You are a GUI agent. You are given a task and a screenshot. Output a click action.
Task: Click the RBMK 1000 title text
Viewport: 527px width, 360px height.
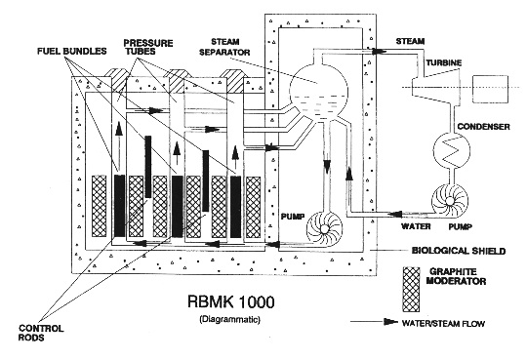tap(230, 301)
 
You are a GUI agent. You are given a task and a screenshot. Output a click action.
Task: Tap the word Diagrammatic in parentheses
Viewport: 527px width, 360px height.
tap(230, 319)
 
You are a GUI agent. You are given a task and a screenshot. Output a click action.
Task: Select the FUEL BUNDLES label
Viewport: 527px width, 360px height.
tap(71, 51)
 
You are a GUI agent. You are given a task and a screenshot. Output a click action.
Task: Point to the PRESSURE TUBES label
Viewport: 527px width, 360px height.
tap(148, 47)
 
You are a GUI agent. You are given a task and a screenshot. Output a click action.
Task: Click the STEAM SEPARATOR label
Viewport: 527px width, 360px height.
tap(224, 47)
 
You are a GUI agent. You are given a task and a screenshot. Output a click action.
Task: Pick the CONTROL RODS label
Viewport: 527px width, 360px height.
tap(41, 333)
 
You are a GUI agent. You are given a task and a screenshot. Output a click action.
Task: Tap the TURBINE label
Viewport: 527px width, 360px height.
tap(444, 62)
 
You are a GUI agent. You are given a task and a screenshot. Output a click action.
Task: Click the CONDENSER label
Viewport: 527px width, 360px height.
tap(483, 127)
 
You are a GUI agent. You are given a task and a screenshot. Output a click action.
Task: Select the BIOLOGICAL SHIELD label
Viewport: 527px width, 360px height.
tap(459, 251)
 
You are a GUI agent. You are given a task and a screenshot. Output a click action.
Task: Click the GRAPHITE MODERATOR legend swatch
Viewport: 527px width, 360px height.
tap(411, 290)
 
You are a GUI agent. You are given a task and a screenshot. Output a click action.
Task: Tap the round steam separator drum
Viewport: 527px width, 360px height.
tap(318, 91)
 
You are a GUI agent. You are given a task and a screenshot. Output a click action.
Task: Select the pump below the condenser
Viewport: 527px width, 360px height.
tap(449, 201)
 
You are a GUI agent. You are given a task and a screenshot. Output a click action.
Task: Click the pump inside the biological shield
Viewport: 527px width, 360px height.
tap(324, 228)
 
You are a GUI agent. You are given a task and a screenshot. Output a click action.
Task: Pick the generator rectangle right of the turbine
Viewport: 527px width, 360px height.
tap(490, 89)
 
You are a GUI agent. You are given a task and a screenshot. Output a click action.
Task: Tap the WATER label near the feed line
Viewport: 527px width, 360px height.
tap(416, 226)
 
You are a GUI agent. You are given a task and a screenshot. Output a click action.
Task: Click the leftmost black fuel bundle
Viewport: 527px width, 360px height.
tap(119, 206)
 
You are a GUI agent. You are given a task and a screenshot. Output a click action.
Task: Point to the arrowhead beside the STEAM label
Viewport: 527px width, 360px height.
tap(379, 51)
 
